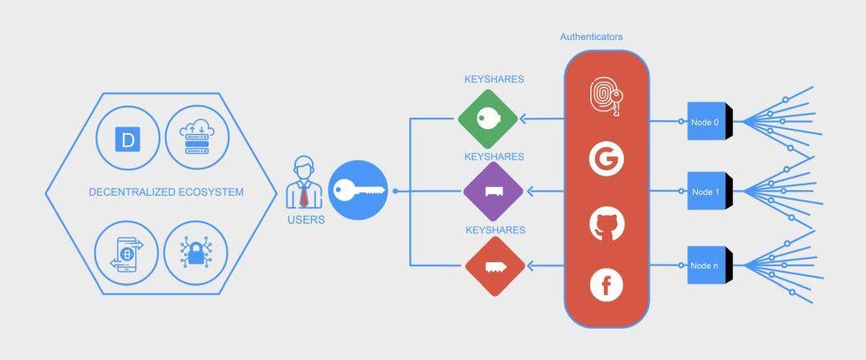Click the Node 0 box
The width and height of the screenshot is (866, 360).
pos(706,122)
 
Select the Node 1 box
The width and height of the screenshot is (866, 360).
pos(706,192)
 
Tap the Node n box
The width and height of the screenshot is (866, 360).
pos(706,265)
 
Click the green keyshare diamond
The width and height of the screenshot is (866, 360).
pos(488,119)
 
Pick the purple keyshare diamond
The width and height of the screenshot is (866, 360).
pos(493,192)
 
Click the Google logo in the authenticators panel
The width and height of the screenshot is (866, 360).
pos(606,159)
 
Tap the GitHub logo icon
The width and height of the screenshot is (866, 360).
pos(606,224)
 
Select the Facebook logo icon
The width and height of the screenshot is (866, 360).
pos(606,285)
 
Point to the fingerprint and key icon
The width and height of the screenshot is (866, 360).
pos(606,97)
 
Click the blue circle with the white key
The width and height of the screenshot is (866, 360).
pos(358,190)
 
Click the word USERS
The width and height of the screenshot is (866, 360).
pos(306,219)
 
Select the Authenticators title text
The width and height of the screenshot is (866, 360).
pos(591,37)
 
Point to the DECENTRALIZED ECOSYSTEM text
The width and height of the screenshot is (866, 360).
pos(166,192)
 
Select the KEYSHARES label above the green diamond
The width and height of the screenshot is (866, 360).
pos(494,79)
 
